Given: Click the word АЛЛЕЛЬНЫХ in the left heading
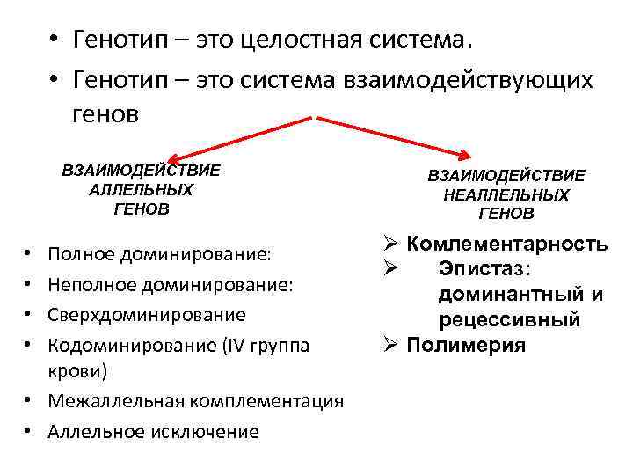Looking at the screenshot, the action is pos(141,189).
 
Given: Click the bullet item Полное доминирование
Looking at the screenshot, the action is pos(160,254).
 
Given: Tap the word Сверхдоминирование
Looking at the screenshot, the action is pos(147,313).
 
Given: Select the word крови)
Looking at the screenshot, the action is pos(78,372).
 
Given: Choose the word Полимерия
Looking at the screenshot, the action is pos(466,345).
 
